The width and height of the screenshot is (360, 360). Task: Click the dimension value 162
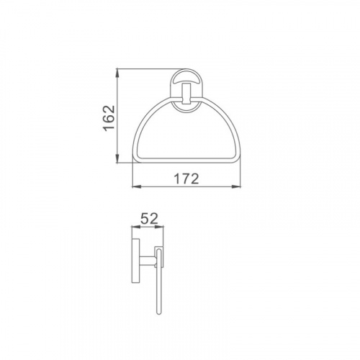[109, 117]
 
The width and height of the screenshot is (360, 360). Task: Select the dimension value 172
[186, 179]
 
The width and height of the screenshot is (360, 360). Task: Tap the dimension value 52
[149, 218]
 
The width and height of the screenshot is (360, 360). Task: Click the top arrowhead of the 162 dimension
[117, 73]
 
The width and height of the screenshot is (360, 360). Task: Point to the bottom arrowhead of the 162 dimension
[117, 159]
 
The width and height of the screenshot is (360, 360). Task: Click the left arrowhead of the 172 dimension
[137, 186]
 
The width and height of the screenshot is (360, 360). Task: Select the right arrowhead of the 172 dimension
[236, 186]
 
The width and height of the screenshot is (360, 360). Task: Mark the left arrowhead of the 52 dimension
[135, 227]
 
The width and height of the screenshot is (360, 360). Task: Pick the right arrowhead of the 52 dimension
[159, 227]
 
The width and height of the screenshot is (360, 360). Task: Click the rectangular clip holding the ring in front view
[186, 94]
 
